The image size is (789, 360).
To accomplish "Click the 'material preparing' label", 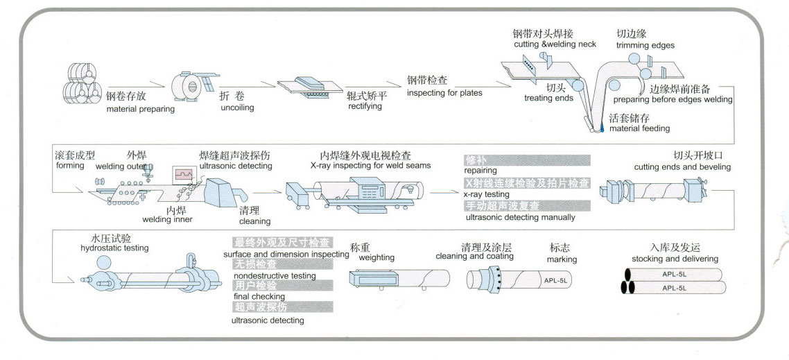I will tap(140, 109).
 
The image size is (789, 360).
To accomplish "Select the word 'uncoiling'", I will tap(237, 108).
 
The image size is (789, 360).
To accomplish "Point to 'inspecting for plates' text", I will tap(444, 93).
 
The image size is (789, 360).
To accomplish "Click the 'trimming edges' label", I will tap(645, 46).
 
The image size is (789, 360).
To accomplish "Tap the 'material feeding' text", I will tap(639, 128).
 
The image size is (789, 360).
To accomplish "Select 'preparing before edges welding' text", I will tap(673, 100).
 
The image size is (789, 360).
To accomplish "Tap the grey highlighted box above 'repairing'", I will tap(527, 160).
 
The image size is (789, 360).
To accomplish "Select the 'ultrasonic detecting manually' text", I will tap(520, 217).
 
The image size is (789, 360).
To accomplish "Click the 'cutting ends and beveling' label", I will tap(682, 167).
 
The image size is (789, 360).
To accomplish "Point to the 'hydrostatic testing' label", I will tap(114, 248).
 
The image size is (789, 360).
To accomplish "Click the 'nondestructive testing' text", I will tap(275, 275).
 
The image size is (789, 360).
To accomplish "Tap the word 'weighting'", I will tap(376, 257).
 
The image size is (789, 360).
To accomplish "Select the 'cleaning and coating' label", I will tap(474, 257).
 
